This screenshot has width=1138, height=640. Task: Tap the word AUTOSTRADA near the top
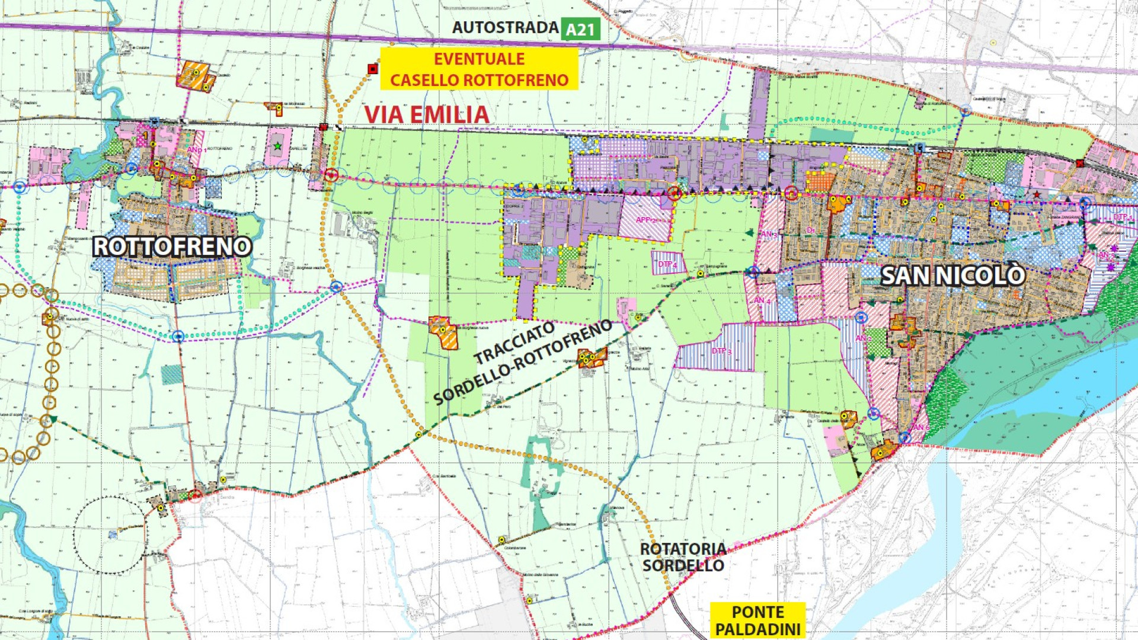pyautogui.click(x=505, y=28)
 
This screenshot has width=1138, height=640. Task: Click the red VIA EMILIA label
pyautogui.click(x=427, y=115)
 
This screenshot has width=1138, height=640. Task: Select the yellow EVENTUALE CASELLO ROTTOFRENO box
pyautogui.click(x=479, y=69)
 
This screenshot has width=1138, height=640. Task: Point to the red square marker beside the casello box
pyautogui.click(x=372, y=69)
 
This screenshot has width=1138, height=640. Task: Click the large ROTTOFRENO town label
pyautogui.click(x=172, y=247)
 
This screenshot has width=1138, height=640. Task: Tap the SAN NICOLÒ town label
pyautogui.click(x=952, y=276)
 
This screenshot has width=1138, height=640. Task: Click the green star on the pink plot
pyautogui.click(x=277, y=146)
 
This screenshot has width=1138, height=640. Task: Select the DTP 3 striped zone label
pyautogui.click(x=721, y=351)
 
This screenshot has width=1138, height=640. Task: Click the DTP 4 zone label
pyautogui.click(x=667, y=264)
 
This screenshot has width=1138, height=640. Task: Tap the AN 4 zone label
pyautogui.click(x=762, y=301)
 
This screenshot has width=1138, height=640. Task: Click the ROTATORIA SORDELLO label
pyautogui.click(x=683, y=557)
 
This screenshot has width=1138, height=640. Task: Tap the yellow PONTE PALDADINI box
pyautogui.click(x=757, y=620)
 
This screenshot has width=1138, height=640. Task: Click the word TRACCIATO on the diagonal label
pyautogui.click(x=514, y=344)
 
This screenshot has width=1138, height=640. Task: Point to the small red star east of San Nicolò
pyautogui.click(x=1036, y=194)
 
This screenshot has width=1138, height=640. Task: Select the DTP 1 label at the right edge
pyautogui.click(x=1122, y=217)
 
